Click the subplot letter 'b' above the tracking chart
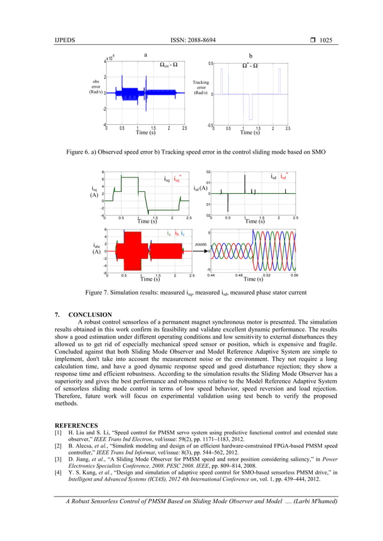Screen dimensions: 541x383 (x=250, y=56)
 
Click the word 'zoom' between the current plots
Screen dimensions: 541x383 (x=201, y=244)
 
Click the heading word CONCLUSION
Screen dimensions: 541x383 (x=90, y=314)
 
